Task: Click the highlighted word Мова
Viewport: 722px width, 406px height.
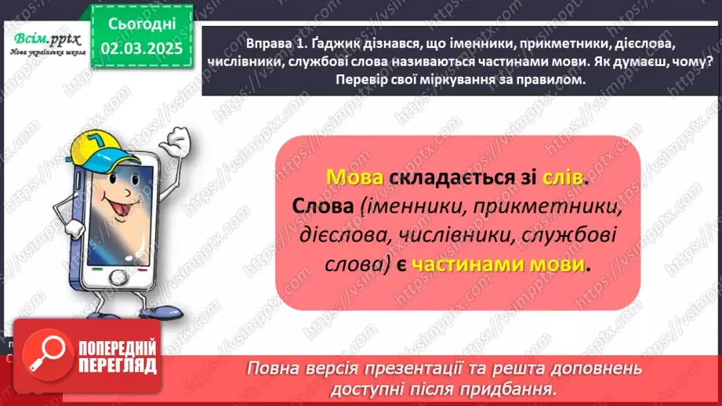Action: [x=354, y=178]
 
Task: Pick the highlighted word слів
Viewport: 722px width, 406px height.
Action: [x=562, y=178]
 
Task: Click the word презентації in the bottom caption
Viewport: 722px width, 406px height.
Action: [x=415, y=368]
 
